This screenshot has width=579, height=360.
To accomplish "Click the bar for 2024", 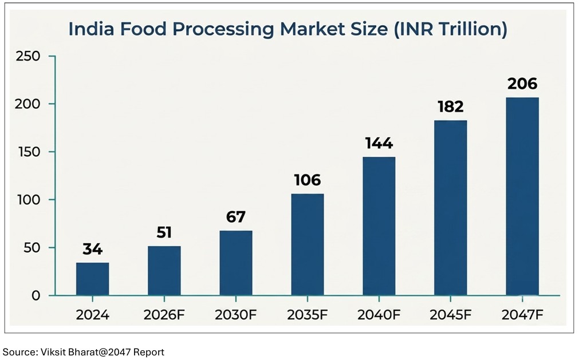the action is tap(92, 279).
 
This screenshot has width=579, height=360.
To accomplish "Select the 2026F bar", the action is tap(164, 271).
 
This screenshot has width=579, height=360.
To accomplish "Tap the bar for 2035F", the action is tap(308, 244).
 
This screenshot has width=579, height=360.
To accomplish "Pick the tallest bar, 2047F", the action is tap(522, 196).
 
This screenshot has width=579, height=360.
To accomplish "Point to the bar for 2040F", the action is tap(379, 226).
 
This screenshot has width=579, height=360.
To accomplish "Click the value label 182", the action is tap(451, 106).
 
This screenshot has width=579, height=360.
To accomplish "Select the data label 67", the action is tap(236, 217).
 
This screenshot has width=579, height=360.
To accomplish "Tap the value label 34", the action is tap(92, 249).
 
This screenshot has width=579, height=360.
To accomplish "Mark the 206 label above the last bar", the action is tap(522, 84).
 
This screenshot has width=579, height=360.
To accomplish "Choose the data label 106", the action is tap(308, 180).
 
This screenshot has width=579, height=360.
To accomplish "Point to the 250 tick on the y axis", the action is tap(28, 56).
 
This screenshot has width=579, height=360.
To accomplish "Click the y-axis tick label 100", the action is tap(29, 200).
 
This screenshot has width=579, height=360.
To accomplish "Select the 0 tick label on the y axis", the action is tap(36, 295).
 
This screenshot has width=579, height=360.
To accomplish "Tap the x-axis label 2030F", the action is tap(235, 315).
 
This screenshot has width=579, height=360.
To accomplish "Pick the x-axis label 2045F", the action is tap(451, 315).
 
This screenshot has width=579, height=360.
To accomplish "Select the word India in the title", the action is tap(92, 29).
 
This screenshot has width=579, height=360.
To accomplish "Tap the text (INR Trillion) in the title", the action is tap(451, 29).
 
